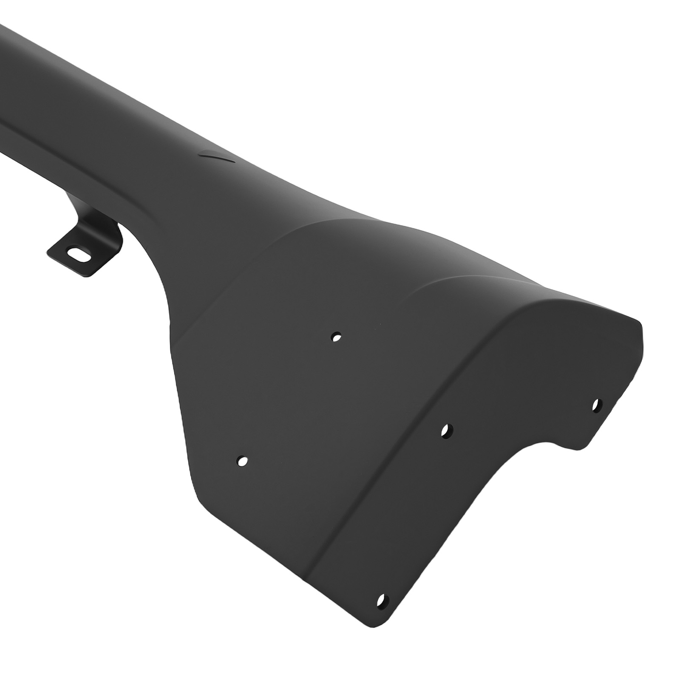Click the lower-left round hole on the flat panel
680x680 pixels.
coord(242,461)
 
